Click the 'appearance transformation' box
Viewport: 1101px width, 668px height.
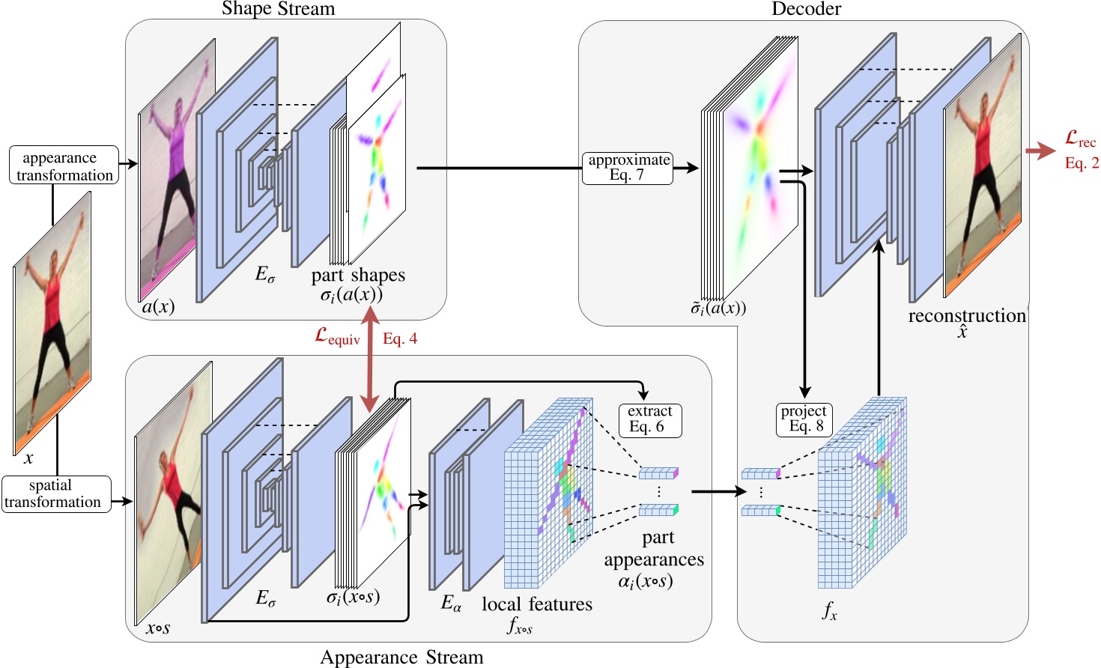(x=64, y=166)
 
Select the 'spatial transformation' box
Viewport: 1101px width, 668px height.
(x=56, y=494)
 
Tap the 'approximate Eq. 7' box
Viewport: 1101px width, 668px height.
(x=628, y=168)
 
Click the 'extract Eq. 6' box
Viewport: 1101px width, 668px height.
(x=649, y=420)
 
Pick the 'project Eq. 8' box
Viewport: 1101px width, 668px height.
(x=804, y=419)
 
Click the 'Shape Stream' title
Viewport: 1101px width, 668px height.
(x=278, y=9)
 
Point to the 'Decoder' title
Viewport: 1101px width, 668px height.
(x=806, y=9)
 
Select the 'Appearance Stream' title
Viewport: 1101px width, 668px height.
(x=401, y=657)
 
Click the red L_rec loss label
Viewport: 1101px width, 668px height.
(x=1079, y=139)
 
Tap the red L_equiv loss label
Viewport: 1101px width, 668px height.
(x=337, y=337)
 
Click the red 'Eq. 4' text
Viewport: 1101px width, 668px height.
(x=400, y=339)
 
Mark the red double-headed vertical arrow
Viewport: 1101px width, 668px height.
(x=369, y=359)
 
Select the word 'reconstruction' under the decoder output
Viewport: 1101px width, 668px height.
(x=966, y=316)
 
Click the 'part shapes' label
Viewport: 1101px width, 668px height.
(x=358, y=276)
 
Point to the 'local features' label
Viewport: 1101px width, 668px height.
(x=536, y=604)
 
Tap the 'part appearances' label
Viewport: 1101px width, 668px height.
(x=655, y=549)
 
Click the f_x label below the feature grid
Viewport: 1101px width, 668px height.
(x=829, y=612)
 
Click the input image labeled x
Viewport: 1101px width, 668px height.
(x=52, y=322)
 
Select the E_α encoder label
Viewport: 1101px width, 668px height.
(x=451, y=603)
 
